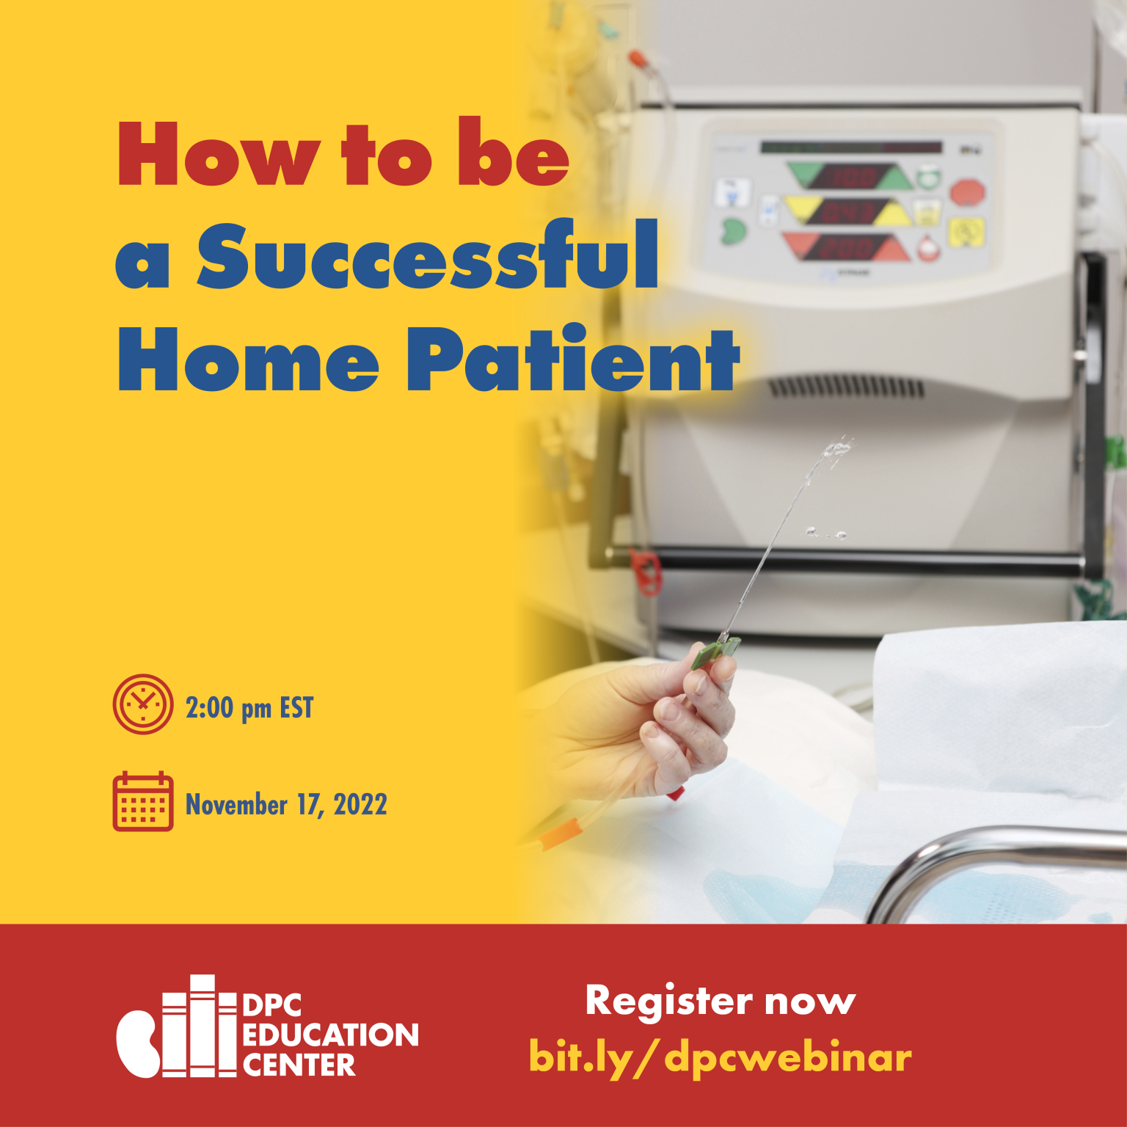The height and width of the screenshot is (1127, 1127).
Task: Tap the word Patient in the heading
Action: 573,357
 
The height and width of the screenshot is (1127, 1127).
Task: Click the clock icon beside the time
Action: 143,704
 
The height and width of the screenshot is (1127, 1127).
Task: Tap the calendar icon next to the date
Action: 143,801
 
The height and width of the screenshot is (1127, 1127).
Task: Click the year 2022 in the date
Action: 360,805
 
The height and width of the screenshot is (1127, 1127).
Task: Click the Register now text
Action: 721,1002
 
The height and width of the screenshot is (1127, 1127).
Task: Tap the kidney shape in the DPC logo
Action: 138,1044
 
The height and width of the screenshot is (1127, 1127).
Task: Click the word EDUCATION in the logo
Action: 330,1035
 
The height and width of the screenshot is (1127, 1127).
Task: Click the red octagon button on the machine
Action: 968,194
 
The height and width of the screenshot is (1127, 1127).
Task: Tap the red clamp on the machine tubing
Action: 646,572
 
